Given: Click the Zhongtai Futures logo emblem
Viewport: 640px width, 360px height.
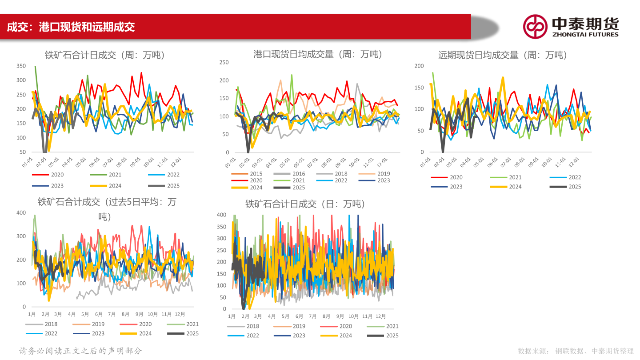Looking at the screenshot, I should [x=535, y=26].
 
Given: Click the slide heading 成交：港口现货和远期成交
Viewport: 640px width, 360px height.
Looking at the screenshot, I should [x=71, y=27].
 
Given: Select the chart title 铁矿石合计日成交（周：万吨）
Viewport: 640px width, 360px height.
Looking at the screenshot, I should [x=105, y=55].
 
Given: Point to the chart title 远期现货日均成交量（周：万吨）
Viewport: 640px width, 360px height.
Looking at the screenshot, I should [x=502, y=55].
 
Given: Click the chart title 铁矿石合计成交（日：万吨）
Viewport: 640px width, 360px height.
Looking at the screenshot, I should [x=305, y=204].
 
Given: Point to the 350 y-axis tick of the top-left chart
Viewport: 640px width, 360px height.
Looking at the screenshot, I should [x=21, y=66].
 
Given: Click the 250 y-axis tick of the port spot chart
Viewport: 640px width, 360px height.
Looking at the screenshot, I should [x=224, y=62].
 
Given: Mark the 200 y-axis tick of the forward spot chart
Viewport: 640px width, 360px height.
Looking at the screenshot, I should [x=419, y=66].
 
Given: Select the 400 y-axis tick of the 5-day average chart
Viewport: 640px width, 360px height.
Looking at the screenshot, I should [x=21, y=213].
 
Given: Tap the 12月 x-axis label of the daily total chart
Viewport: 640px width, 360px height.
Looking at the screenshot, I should [x=381, y=316].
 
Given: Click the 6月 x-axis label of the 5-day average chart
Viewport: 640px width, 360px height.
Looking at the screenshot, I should [x=99, y=314].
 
